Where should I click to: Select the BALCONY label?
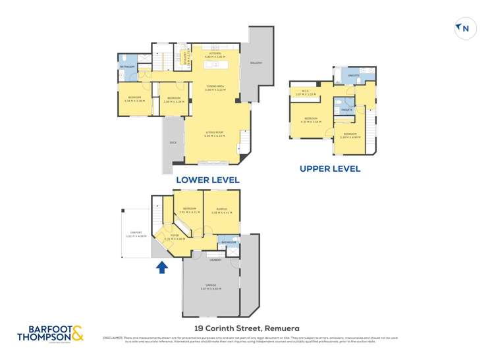(x=256, y=63)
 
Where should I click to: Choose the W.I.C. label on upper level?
(x=306, y=91)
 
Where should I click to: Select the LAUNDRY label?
(x=215, y=260)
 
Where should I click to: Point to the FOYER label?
(x=175, y=235)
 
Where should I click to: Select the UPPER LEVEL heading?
(x=330, y=168)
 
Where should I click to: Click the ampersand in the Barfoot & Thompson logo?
(x=77, y=332)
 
